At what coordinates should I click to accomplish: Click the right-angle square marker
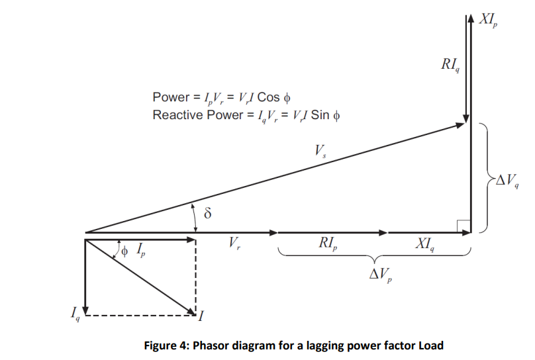(463, 226)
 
